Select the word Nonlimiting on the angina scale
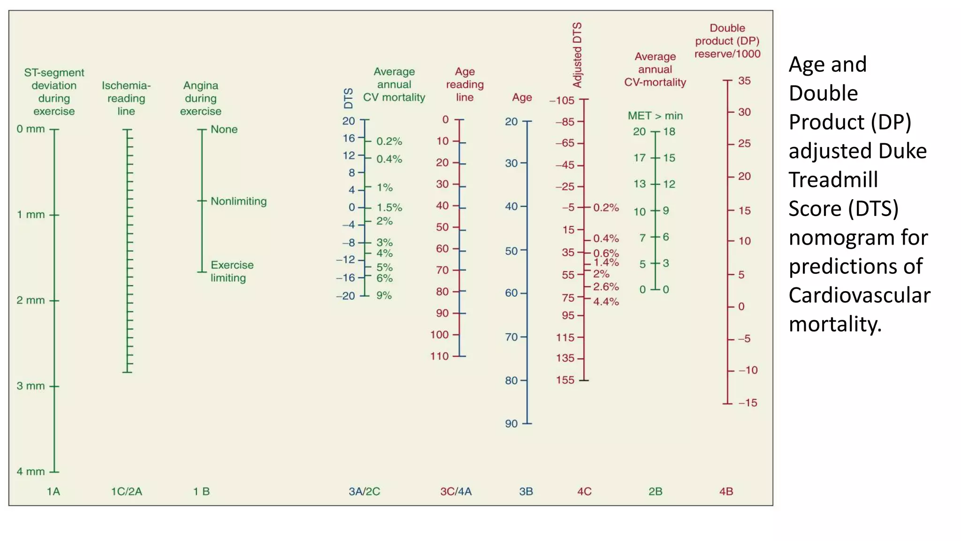[238, 201]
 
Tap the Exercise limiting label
[232, 271]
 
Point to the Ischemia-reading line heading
[126, 98]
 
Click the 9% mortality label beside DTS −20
[384, 295]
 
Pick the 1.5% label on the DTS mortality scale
[389, 208]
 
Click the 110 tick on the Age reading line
[440, 356]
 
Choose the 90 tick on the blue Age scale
[511, 424]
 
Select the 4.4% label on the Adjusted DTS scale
[606, 301]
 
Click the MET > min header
[655, 116]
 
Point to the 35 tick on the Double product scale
[744, 81]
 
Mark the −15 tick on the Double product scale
[747, 403]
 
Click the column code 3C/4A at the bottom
[456, 492]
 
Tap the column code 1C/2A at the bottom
[126, 492]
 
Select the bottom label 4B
[726, 492]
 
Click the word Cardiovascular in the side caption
[859, 295]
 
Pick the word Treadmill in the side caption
[833, 180]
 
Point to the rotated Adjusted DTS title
[577, 54]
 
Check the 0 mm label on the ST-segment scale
[31, 129]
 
